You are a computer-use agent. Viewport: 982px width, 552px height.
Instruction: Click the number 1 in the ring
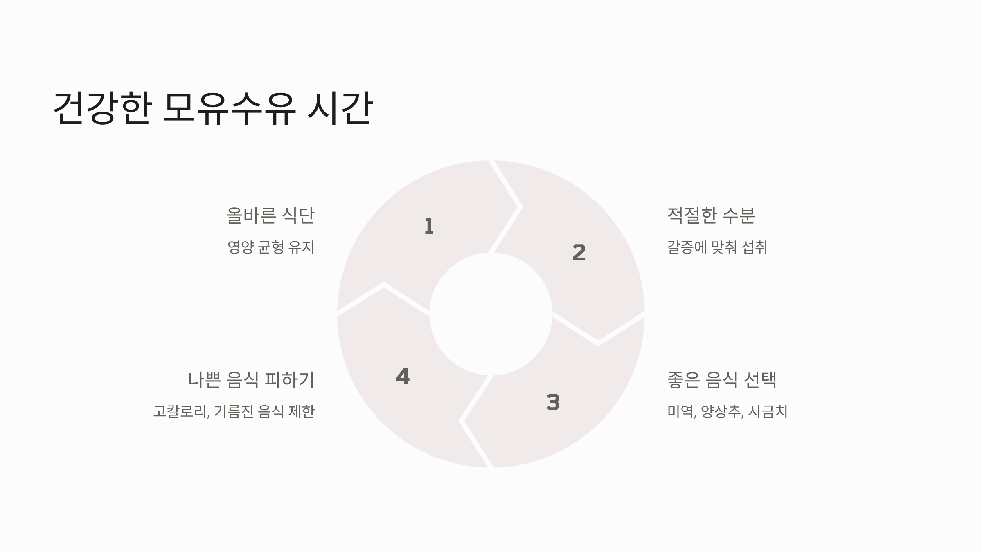coord(429,227)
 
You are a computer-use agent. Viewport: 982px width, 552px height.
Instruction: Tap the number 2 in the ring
coord(579,253)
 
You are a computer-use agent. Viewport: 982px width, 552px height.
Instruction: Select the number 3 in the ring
coord(553,402)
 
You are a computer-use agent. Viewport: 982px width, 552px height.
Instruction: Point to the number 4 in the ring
coord(403,376)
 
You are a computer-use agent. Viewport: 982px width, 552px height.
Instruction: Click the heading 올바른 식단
coord(270,215)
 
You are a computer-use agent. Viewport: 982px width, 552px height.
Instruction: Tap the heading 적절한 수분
coord(711,215)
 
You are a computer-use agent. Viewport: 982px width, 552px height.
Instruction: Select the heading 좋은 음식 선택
coord(722,380)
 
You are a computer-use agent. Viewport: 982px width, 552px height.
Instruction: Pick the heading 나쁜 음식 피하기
coord(251,380)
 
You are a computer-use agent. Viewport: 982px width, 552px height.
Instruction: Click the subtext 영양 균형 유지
coord(271,247)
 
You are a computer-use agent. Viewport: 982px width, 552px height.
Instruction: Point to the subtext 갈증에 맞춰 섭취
coord(717,247)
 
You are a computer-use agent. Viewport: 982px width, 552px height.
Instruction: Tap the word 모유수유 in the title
coord(229,108)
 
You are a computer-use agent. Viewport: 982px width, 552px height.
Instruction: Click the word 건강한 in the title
coord(102,108)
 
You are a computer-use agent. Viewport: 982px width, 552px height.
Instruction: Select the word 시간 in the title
coord(340,108)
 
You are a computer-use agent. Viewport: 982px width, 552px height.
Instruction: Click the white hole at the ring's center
coord(491,314)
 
